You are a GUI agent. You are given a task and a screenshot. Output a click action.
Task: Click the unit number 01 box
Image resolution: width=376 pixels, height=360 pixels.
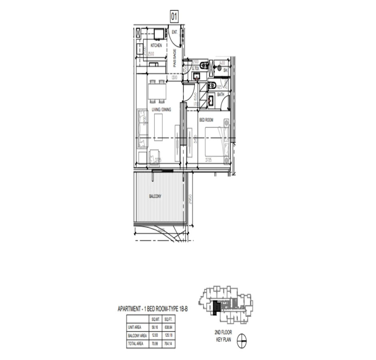coord(174,16)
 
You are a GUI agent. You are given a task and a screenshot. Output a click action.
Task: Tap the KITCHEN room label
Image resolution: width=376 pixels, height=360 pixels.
coord(156,46)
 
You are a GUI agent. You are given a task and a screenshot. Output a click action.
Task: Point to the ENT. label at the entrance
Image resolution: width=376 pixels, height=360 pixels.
coord(175,32)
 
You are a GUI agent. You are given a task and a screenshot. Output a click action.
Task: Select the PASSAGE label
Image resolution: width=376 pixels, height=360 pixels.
coord(175,58)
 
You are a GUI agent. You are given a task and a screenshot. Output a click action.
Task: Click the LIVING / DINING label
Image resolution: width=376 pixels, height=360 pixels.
coord(161,109)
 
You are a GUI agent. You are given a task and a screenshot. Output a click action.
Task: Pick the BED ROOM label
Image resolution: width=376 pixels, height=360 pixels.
coord(206,120)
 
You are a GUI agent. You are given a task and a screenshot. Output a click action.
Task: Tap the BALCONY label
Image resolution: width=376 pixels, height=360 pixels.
coord(155,196)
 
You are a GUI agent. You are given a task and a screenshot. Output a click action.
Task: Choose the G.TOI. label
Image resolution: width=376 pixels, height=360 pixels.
coord(196,68)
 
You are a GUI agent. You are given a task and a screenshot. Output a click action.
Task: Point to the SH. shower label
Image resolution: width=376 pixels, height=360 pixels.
coord(225,70)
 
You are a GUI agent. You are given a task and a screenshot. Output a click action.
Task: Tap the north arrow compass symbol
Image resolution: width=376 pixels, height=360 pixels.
coord(242,342)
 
